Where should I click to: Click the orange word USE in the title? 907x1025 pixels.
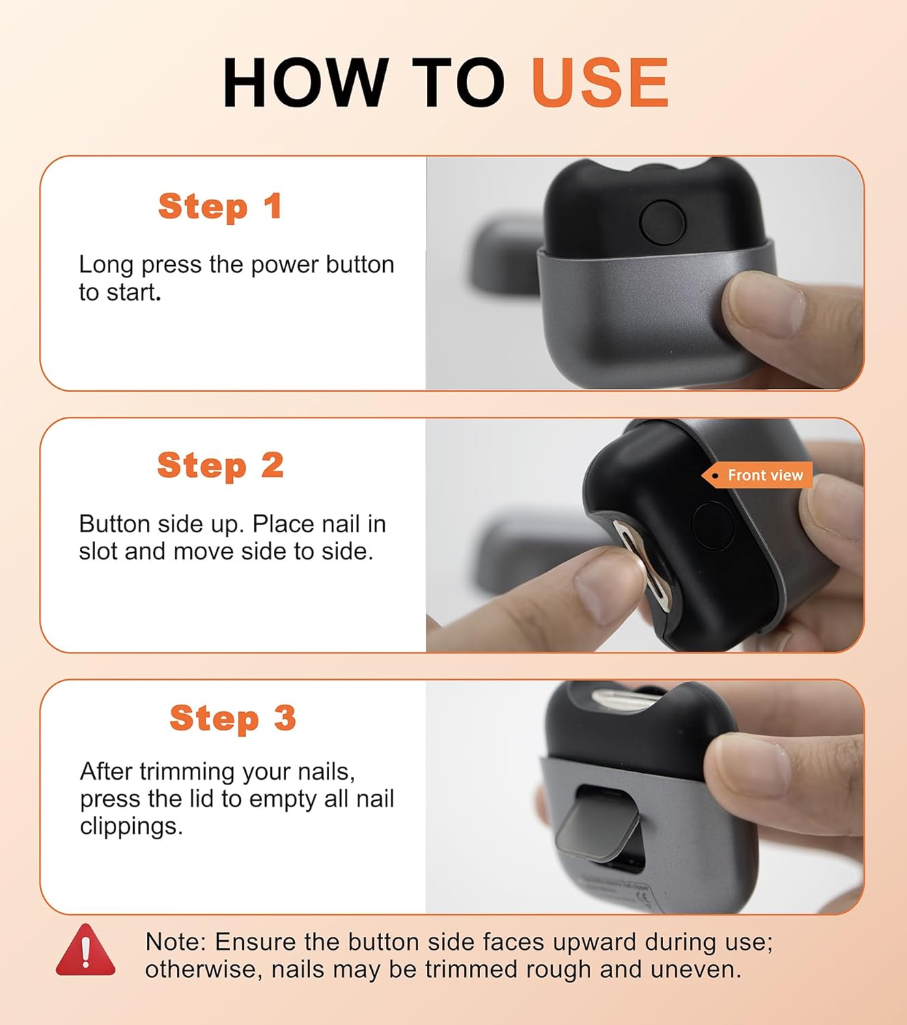click(x=600, y=82)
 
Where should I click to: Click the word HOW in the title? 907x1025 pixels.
click(x=306, y=82)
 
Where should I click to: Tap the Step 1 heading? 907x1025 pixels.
click(x=220, y=206)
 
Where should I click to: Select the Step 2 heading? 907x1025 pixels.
click(x=221, y=465)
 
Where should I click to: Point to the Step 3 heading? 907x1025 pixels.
click(x=233, y=718)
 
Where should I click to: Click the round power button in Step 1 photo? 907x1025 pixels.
click(x=662, y=223)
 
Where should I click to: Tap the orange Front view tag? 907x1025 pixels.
click(x=757, y=475)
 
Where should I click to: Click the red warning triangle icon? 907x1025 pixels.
click(x=85, y=951)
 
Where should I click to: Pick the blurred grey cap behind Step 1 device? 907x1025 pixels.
click(x=505, y=256)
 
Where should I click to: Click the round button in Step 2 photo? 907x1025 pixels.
click(x=712, y=525)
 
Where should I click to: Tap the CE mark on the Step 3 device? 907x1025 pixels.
click(x=643, y=897)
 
